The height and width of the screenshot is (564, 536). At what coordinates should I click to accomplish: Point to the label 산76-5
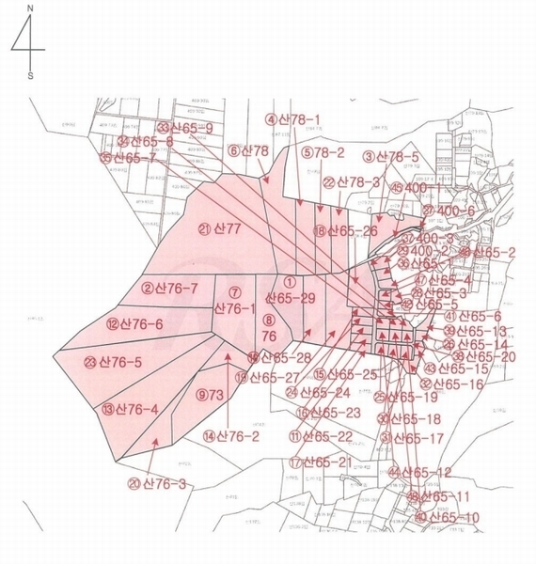click(x=119, y=362)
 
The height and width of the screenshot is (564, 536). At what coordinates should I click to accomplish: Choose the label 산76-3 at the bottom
click(x=164, y=484)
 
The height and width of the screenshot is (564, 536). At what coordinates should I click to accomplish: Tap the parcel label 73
click(x=215, y=396)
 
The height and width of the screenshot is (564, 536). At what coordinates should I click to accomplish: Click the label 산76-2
click(x=237, y=435)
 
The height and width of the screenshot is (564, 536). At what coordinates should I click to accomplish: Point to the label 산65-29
click(x=292, y=297)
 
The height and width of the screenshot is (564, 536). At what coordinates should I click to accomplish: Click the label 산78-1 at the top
click(x=299, y=119)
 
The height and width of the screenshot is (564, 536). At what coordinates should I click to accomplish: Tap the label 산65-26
click(x=353, y=230)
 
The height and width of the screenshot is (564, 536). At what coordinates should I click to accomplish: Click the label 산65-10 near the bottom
click(x=453, y=517)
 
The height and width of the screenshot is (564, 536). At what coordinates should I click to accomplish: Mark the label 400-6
click(x=455, y=211)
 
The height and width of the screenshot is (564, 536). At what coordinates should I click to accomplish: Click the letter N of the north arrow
click(x=29, y=8)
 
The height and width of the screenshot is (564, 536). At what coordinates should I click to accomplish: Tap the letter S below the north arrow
click(x=29, y=76)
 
